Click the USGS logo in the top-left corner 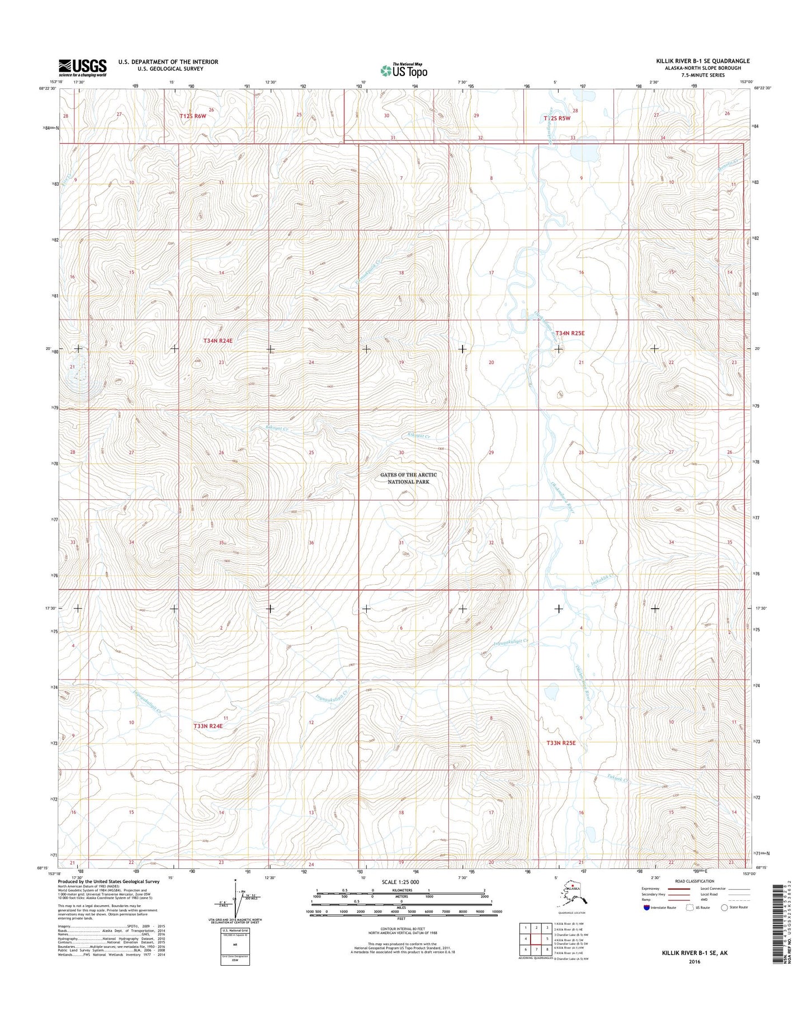click(x=83, y=68)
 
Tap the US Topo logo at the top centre click(x=404, y=70)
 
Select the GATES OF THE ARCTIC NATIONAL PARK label click(x=408, y=478)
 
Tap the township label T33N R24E click(x=208, y=726)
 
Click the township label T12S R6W click(x=193, y=116)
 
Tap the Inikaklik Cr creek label click(x=603, y=577)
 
